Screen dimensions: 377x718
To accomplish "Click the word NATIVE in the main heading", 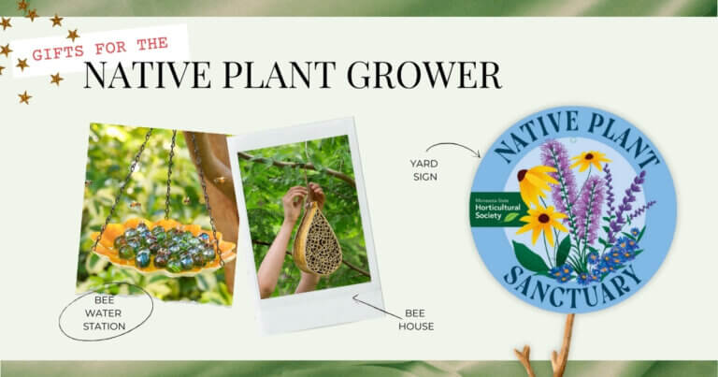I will point(139,76).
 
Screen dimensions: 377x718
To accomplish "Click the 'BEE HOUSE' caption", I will point(417,320).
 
